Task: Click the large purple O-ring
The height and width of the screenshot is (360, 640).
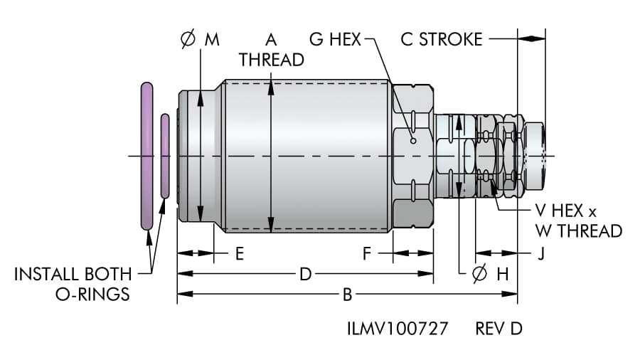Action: [x=146, y=156]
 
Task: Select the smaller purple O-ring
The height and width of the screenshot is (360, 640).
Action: [x=165, y=156]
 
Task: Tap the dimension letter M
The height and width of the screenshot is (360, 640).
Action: [x=212, y=40]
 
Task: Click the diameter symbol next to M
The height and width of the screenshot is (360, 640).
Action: [x=188, y=40]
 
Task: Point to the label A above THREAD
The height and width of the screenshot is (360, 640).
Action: [x=271, y=38]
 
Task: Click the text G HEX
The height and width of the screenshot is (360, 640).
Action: [x=336, y=39]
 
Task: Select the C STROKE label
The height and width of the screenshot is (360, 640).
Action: [x=441, y=39]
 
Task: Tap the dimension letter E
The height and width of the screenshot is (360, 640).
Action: [x=240, y=253]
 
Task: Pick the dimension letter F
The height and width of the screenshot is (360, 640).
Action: [x=367, y=253]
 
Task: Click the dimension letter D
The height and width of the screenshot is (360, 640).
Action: [x=306, y=274]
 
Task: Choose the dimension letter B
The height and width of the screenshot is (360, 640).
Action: [x=348, y=293]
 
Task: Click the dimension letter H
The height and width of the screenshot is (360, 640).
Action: [x=503, y=275]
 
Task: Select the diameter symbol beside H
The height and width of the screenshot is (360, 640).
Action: [x=480, y=275]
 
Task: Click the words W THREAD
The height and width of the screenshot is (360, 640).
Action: [x=578, y=231]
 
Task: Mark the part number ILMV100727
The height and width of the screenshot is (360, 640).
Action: [x=398, y=329]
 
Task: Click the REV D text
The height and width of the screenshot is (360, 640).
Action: [x=498, y=329]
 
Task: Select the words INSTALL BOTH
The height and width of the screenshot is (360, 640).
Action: [x=73, y=274]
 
